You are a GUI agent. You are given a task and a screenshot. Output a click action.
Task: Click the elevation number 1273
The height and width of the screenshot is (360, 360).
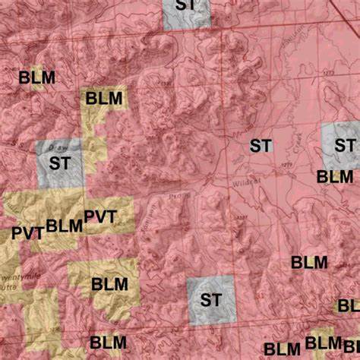pyautogui.click(x=307, y=72)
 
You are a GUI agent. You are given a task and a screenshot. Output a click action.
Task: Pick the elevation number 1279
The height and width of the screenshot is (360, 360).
pyautogui.click(x=286, y=164)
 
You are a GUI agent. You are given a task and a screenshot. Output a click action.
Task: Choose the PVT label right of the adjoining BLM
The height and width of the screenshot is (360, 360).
pyautogui.click(x=100, y=217)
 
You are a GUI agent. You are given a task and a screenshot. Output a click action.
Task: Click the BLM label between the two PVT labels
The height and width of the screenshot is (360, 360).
pyautogui.click(x=64, y=226)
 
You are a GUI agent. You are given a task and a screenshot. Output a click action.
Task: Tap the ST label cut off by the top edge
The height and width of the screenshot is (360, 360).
pyautogui.click(x=185, y=5)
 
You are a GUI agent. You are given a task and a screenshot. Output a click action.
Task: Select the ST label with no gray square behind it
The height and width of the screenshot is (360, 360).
pyautogui.click(x=261, y=146)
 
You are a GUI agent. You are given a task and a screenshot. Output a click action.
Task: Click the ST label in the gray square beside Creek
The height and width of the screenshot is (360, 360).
pyautogui.click(x=345, y=145)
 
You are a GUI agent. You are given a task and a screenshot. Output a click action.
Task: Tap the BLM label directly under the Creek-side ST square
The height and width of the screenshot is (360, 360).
pyautogui.click(x=334, y=177)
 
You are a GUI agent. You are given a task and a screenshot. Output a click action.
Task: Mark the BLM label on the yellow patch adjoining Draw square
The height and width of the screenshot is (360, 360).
pyautogui.click(x=104, y=98)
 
